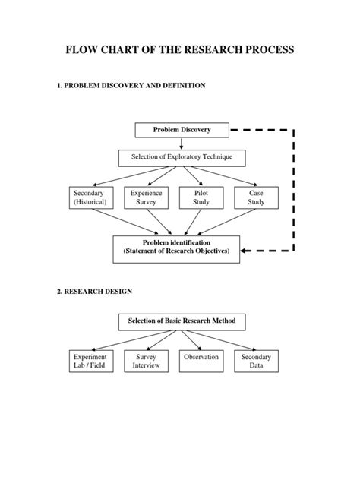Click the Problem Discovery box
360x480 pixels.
(x=182, y=130)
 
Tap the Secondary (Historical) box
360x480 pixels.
(x=89, y=198)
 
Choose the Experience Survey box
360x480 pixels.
(x=146, y=198)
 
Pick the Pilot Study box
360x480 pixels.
(x=201, y=198)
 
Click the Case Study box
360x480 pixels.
(x=256, y=198)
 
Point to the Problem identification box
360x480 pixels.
(x=176, y=248)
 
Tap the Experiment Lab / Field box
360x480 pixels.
(x=89, y=362)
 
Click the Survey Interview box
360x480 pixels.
(x=146, y=362)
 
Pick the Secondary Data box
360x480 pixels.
(x=256, y=362)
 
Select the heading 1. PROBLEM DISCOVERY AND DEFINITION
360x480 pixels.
(x=130, y=86)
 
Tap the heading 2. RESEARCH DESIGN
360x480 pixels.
(x=95, y=291)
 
